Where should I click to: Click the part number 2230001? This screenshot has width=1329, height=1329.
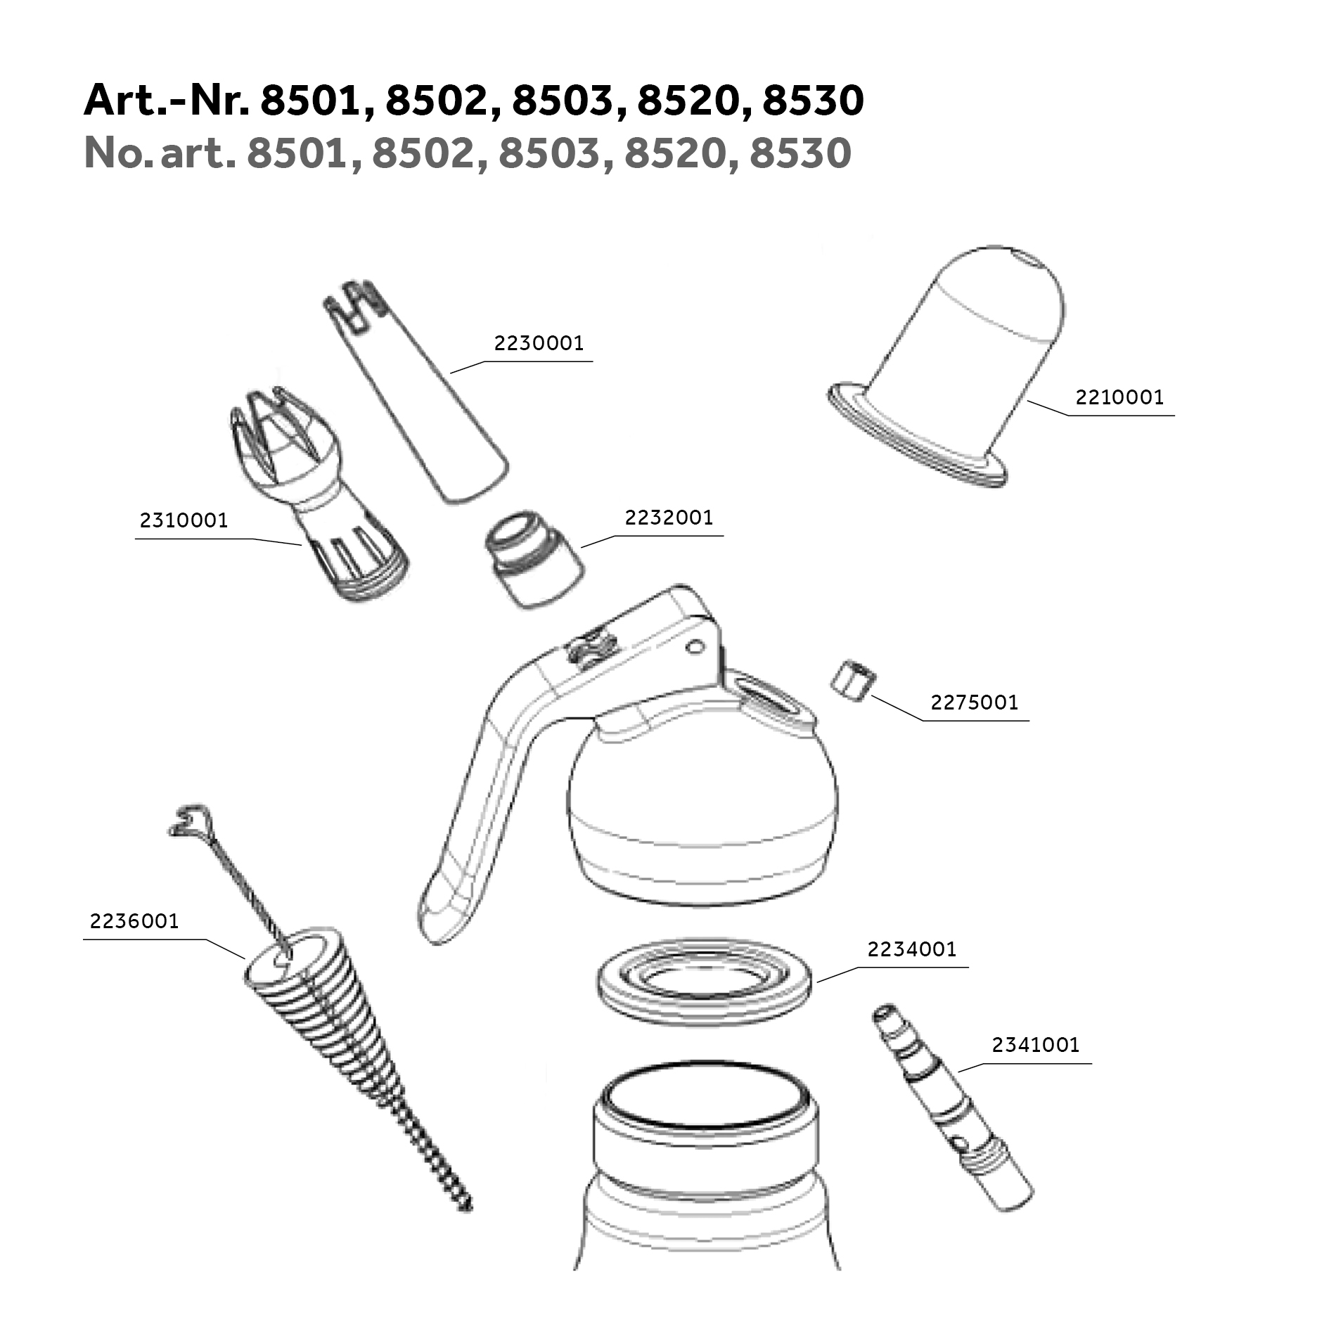point(539,343)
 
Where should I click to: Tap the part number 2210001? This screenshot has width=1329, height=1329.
point(1119,397)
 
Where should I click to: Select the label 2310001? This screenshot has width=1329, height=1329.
point(184,520)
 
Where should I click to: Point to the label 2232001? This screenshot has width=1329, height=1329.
point(669,518)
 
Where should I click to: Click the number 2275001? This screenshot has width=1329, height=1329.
point(974,702)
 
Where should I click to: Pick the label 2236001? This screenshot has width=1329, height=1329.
point(134,921)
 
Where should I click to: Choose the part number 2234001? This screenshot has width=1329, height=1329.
point(912,949)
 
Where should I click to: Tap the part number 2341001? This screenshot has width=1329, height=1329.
point(1036,1045)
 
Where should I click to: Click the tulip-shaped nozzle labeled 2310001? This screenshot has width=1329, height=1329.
point(316,492)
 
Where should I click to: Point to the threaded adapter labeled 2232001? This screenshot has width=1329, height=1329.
point(534,560)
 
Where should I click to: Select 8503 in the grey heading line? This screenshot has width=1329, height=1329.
point(550,153)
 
